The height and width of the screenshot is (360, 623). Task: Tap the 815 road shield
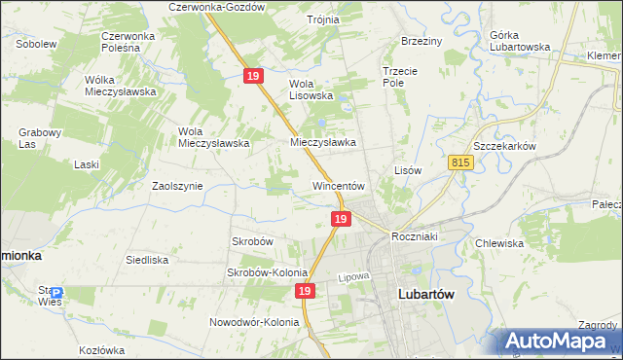click(461, 164)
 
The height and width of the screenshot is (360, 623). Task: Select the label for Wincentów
click(338, 185)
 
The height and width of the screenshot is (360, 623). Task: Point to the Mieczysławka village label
click(323, 142)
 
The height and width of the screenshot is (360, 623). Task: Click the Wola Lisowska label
click(311, 90)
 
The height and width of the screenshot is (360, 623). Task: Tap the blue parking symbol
click(56, 293)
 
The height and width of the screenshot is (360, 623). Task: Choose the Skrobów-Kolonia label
click(268, 273)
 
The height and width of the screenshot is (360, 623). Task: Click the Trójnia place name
click(323, 19)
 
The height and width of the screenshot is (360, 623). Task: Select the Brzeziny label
click(421, 41)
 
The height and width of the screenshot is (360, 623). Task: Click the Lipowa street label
click(355, 277)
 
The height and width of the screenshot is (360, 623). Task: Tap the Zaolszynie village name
click(177, 185)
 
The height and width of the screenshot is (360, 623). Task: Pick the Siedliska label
click(148, 260)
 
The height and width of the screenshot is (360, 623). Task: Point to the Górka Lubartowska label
click(515, 41)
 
